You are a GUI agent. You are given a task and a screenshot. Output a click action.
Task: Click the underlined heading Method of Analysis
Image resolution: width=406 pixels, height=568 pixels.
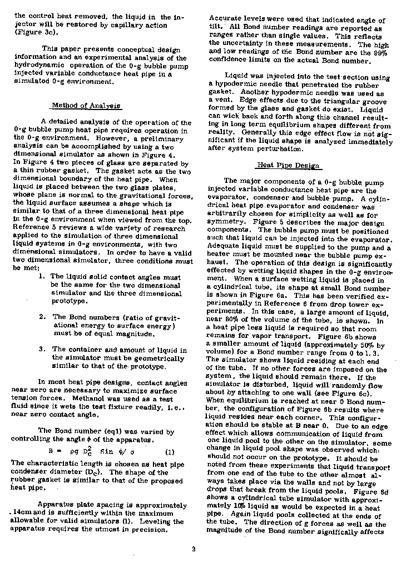86,106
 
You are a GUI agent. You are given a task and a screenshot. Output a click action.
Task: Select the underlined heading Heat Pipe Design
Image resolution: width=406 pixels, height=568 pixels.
288,165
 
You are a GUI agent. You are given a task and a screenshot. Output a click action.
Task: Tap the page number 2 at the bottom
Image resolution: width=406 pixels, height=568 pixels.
194,550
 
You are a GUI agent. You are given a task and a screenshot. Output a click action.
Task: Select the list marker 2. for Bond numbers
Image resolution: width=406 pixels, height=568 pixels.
42,317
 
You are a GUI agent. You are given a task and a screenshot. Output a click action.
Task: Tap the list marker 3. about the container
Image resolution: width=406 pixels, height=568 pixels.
42,350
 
